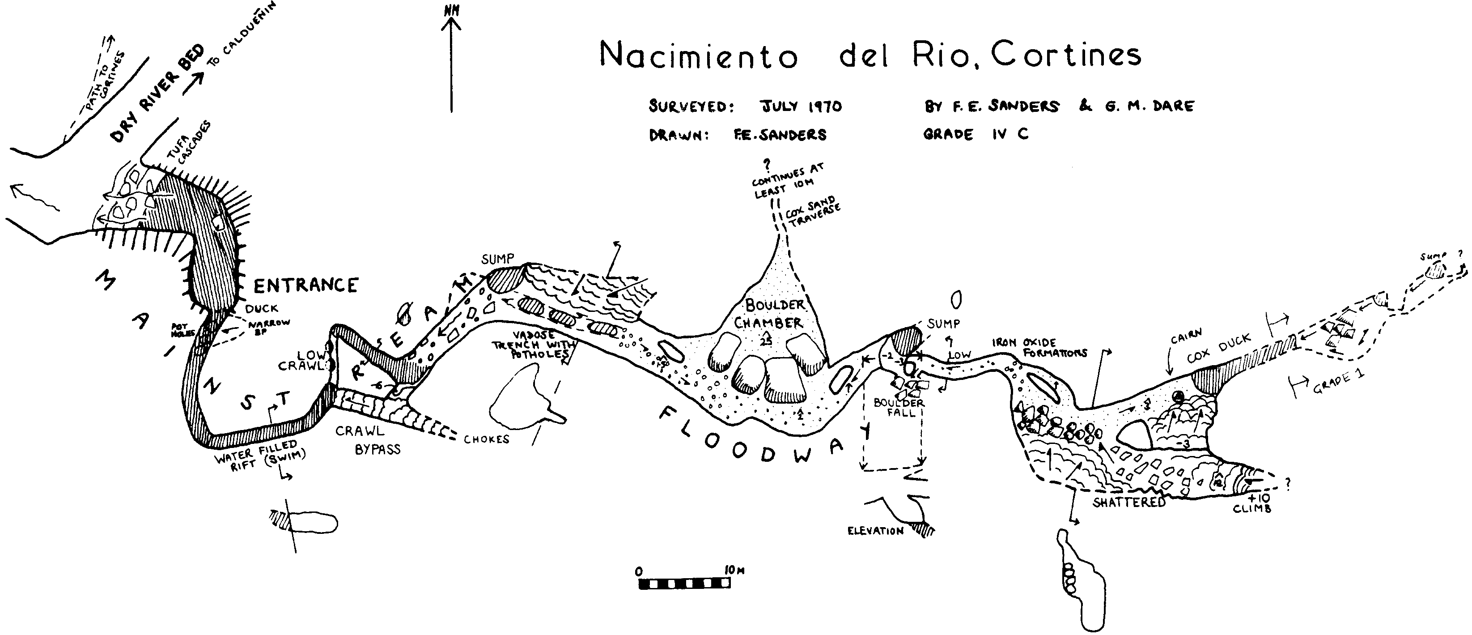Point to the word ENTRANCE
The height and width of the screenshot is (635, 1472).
[305, 285]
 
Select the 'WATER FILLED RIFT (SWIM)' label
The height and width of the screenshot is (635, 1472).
[260, 454]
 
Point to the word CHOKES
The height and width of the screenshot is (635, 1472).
[486, 439]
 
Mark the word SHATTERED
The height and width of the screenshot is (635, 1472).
[1128, 502]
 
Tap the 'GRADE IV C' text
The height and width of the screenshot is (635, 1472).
[976, 134]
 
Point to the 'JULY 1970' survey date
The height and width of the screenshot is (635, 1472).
[801, 107]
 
